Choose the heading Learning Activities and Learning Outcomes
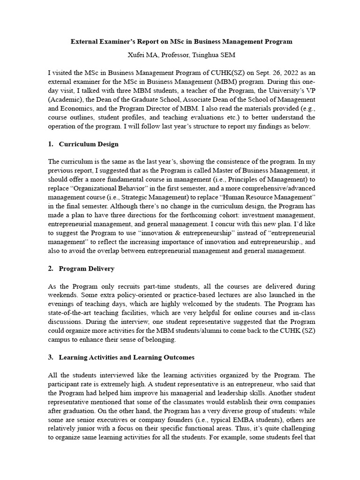126,357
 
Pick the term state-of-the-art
77,313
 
